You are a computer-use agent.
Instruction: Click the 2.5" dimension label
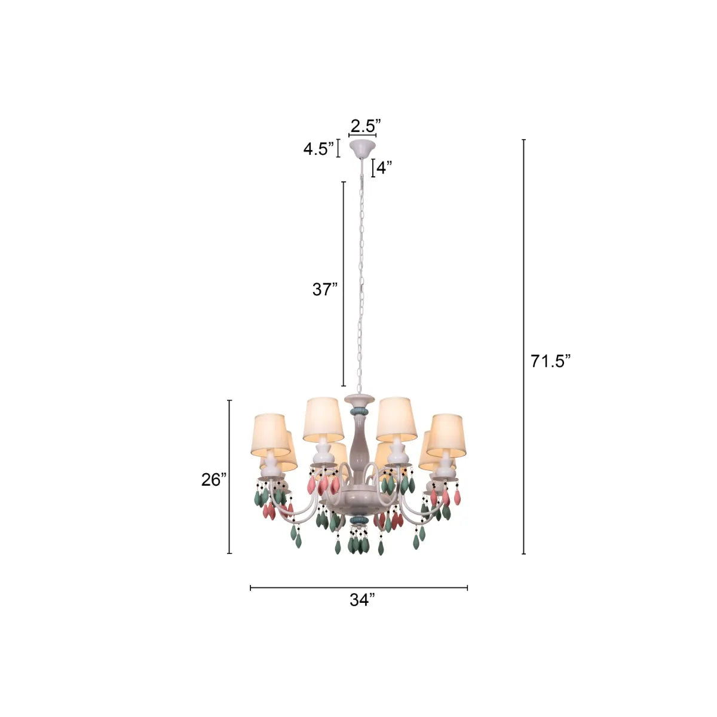click(365, 126)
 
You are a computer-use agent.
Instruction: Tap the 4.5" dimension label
click(318, 149)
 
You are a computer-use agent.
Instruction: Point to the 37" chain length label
click(325, 290)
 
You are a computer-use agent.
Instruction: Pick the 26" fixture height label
click(213, 479)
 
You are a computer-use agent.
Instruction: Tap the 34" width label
click(362, 600)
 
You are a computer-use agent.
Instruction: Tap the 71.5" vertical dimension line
click(524, 347)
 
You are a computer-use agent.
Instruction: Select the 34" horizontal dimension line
click(358, 588)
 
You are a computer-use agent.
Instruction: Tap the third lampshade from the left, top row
click(396, 418)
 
